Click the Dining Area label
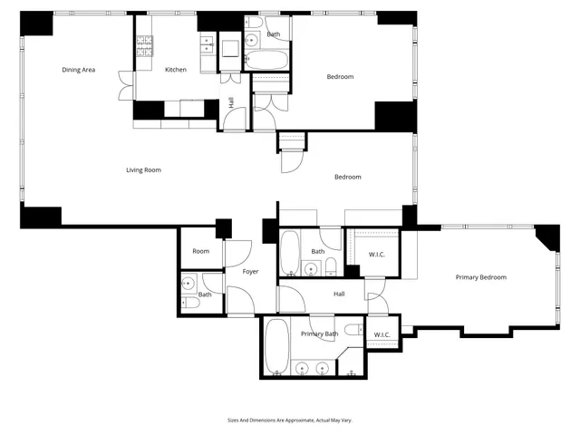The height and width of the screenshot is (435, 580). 79,70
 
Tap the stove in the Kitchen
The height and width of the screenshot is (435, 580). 143,48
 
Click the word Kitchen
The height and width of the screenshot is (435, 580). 175,70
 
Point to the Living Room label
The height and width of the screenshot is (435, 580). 143,169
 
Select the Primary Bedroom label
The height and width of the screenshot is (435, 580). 480,277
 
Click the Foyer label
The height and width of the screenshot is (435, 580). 250,272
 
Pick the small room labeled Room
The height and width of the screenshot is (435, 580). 200,251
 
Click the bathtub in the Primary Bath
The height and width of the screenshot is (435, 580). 277,345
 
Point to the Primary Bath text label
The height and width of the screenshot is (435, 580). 319,334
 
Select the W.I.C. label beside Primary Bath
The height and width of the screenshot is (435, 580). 382,334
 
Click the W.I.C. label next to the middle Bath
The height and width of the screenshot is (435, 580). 377,254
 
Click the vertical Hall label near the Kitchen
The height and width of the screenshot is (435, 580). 231,102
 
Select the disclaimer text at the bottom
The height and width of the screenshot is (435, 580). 289,420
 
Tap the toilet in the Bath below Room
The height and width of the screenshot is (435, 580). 186,304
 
